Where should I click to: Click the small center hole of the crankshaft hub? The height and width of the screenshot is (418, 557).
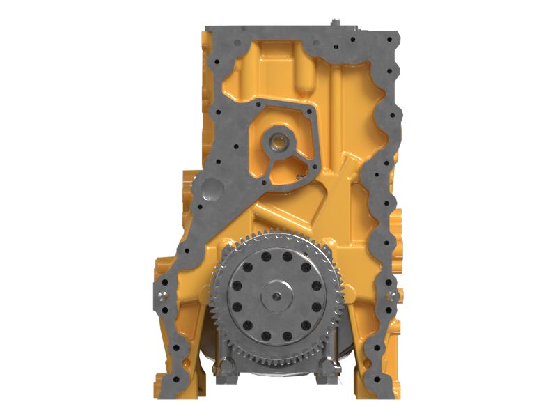[279, 296]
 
